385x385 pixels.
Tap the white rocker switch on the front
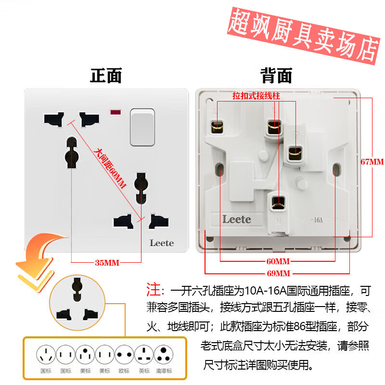(142, 127)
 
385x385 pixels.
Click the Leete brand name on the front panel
(161, 243)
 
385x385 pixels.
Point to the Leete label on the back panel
(236, 219)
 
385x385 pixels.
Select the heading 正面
(106, 76)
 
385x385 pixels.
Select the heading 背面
(276, 76)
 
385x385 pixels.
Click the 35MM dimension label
(107, 263)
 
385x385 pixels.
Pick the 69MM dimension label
(278, 273)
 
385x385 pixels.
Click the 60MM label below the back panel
(278, 262)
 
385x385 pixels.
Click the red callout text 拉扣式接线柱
(256, 96)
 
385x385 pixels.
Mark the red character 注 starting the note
(153, 290)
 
